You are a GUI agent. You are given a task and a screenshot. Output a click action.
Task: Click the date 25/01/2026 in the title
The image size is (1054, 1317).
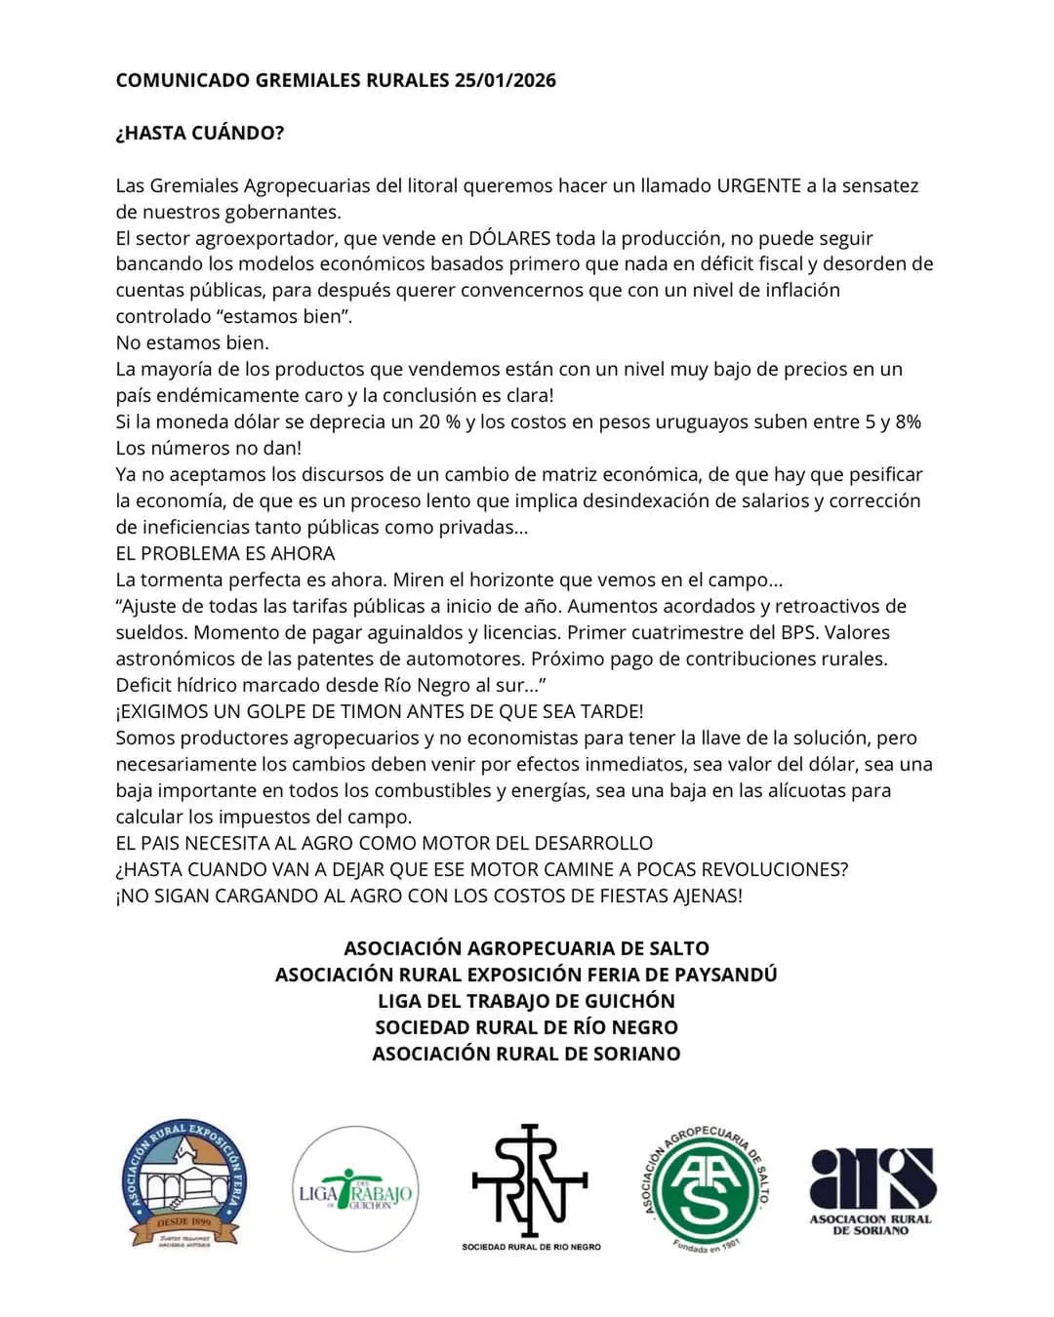pos(505,80)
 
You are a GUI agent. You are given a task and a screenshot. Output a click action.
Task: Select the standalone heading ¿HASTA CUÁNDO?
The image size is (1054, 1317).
pos(200,133)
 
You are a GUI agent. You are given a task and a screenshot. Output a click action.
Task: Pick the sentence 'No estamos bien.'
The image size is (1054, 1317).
pos(192,342)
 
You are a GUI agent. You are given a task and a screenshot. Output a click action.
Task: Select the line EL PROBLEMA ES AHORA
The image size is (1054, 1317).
pos(225,553)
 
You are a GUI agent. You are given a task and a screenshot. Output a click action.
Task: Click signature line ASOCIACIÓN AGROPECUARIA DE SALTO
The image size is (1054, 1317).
pos(526,948)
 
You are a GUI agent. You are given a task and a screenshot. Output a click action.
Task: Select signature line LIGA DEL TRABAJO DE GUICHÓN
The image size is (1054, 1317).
pos(526,1001)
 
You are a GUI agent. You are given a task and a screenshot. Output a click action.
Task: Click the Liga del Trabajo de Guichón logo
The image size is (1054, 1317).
pos(356,1189)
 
